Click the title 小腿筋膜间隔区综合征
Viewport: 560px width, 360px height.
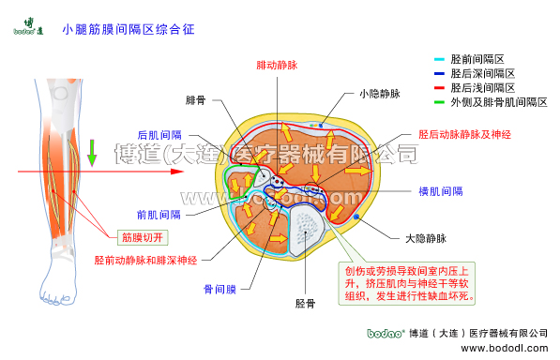tap(128, 30)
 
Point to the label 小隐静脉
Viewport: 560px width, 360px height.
tap(379, 94)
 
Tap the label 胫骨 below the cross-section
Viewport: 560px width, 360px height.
tap(305, 304)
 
